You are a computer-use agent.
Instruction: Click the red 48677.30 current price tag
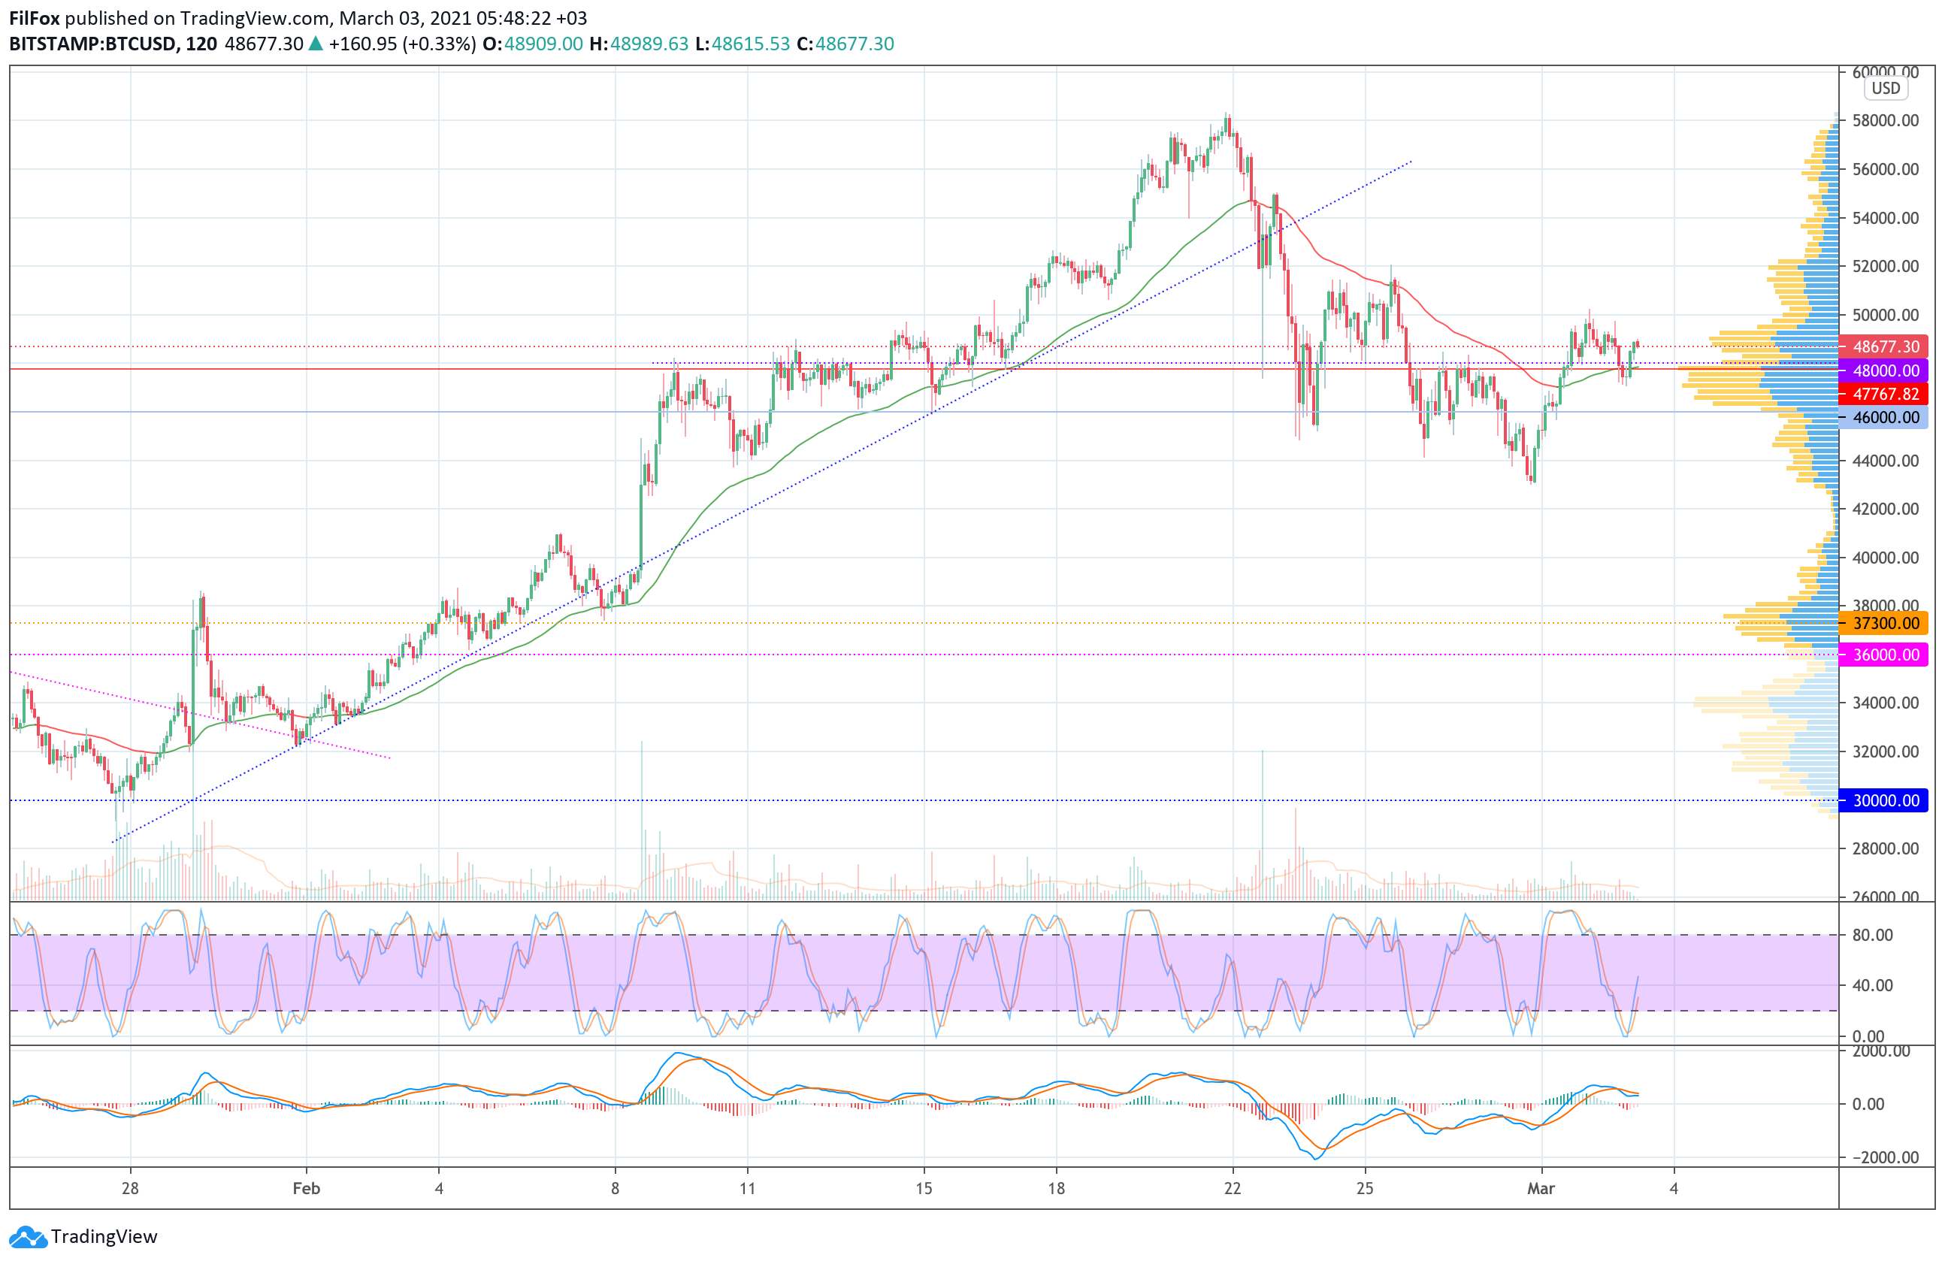tap(1883, 346)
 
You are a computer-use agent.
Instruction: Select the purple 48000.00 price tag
tap(1883, 370)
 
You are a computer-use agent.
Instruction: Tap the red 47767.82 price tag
tap(1883, 394)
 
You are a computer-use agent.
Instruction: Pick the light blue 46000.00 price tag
tap(1883, 418)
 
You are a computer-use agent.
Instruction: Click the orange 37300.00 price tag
tap(1883, 624)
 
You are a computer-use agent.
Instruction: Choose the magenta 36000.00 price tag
tap(1883, 655)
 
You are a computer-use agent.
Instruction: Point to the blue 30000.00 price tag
tap(1883, 800)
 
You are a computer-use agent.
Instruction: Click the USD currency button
tap(1886, 88)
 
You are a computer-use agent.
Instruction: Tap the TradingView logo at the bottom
tap(83, 1236)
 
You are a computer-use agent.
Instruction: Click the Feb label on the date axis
tap(307, 1188)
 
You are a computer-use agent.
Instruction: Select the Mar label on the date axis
tap(1541, 1188)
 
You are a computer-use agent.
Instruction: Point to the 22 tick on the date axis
tap(1233, 1188)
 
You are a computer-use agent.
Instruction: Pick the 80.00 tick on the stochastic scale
tap(1872, 935)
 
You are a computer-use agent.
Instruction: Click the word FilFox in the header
tap(35, 18)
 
